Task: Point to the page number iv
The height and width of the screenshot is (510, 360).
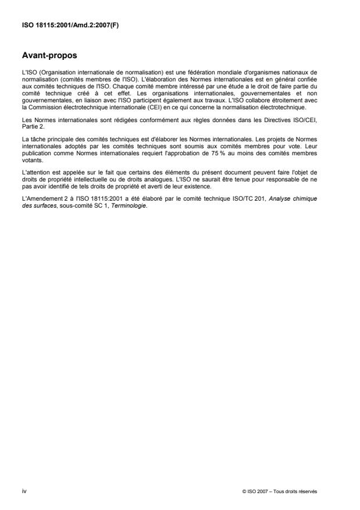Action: click(24, 491)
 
